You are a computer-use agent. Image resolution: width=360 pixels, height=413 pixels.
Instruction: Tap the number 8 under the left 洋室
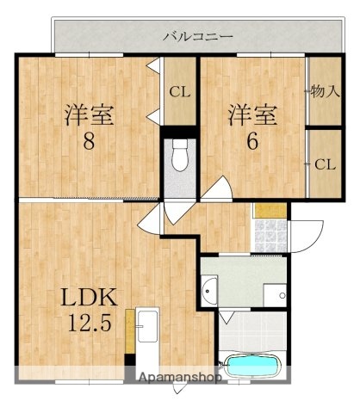coord(88,142)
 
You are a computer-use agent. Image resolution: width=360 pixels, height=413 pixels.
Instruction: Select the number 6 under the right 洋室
coord(252,142)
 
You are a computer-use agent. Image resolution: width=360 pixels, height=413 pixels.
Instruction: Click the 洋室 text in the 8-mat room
coord(88,115)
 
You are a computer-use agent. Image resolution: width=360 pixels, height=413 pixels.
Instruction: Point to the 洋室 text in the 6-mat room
coord(252,115)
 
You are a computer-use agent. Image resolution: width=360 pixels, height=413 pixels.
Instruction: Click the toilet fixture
coord(180,157)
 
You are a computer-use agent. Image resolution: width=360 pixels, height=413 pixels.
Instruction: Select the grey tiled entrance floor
coord(269,230)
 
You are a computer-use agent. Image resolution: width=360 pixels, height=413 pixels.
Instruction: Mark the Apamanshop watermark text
coord(180,377)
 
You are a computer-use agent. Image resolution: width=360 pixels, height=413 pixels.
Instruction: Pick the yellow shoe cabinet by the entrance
coord(269,209)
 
